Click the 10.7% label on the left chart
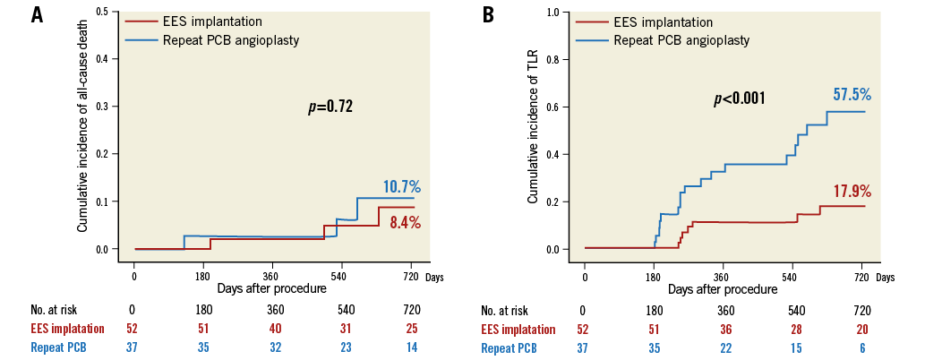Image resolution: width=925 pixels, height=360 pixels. tap(402, 187)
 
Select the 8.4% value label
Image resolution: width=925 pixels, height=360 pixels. tap(405, 222)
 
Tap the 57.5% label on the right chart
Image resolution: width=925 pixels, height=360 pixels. tap(852, 94)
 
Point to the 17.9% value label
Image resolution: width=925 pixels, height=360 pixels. tap(852, 192)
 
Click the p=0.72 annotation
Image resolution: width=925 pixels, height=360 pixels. tap(330, 107)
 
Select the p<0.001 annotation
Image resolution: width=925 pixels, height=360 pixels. tap(739, 99)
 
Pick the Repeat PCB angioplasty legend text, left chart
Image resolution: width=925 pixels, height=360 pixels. tap(232, 39)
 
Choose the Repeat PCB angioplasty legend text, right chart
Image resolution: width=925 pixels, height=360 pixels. tap(681, 40)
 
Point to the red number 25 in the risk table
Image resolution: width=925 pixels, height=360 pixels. tap(411, 329)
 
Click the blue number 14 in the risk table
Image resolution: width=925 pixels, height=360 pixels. tap(411, 347)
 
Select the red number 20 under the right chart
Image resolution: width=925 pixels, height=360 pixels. tap(861, 330)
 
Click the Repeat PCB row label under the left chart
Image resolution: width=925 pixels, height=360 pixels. tap(58, 347)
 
